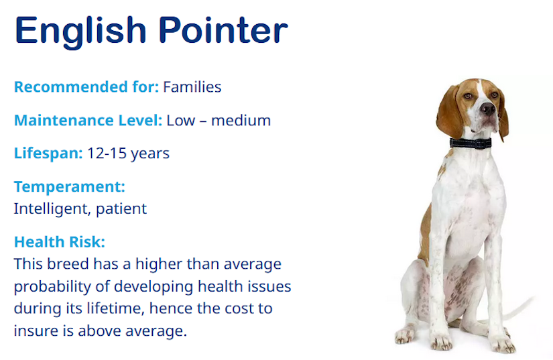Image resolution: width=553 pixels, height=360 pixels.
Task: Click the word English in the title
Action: pos(80,32)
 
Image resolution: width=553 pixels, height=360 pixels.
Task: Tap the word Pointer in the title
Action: pos(223,30)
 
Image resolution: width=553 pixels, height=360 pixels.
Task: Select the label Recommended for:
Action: pos(86,86)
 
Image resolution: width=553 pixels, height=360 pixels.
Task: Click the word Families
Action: pos(192,86)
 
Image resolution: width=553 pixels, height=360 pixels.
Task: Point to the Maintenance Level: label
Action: pos(88,120)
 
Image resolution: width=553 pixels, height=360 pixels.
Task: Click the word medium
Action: pos(241,120)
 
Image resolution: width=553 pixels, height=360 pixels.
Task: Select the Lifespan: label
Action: pos(48,154)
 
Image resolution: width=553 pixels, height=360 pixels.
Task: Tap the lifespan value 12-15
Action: pos(107,154)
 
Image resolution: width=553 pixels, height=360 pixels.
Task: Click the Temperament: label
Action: pos(70,186)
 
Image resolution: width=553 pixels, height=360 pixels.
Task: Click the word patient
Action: pos(121,208)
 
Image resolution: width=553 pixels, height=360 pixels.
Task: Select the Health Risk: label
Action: pos(60,242)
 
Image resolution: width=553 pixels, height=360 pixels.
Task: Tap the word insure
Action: pos(37,331)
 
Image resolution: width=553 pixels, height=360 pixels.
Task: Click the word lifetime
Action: pos(116,308)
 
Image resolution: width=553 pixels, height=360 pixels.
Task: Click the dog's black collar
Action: pos(471,143)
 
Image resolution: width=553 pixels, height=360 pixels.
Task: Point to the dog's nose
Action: pos(488,109)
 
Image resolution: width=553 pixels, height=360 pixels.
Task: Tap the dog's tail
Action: pos(519,308)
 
